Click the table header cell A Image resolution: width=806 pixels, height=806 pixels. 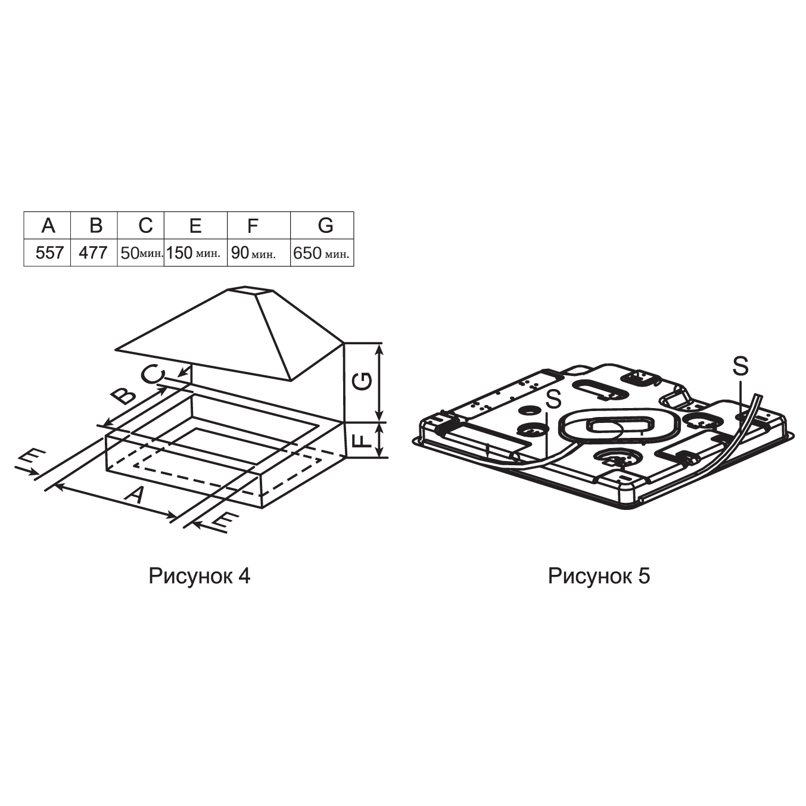[x=47, y=225]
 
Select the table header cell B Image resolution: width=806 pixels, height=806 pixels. [x=94, y=225]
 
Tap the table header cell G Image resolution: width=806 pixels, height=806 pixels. [x=322, y=225]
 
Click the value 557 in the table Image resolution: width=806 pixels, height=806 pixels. [x=50, y=253]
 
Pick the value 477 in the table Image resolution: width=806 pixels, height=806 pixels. [x=94, y=253]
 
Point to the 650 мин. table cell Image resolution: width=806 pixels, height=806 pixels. [x=322, y=253]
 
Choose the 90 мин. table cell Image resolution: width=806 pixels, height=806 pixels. [x=259, y=253]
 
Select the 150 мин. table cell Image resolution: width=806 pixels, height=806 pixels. [x=196, y=253]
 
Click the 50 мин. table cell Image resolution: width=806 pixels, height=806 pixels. [x=141, y=253]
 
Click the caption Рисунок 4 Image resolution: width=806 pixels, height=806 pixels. [x=200, y=576]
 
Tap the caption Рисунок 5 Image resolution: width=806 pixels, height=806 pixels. [x=599, y=576]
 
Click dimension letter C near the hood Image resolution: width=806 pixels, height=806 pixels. [x=154, y=374]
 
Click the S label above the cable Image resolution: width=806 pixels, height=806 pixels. [x=740, y=366]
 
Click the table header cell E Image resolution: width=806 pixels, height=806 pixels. [x=196, y=225]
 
